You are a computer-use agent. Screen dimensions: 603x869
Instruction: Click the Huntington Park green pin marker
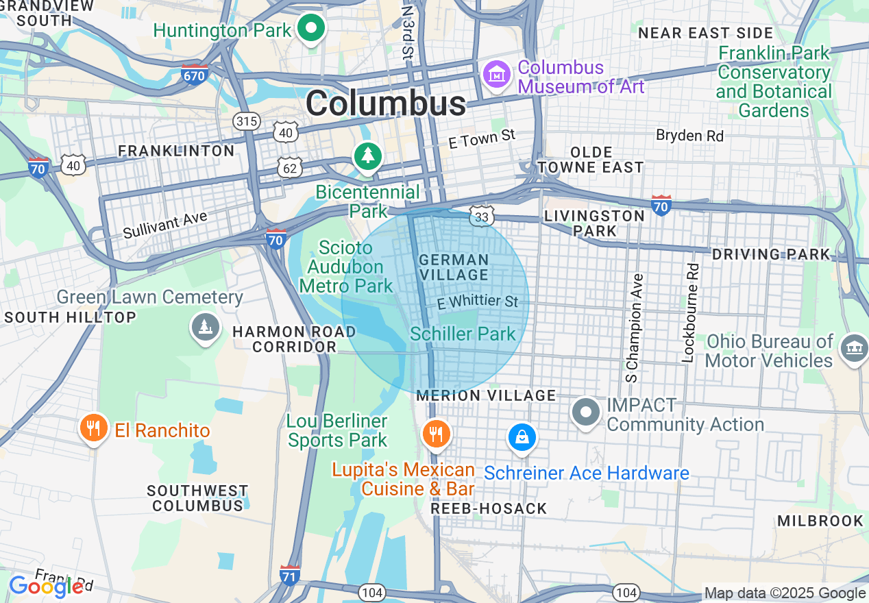[312, 29]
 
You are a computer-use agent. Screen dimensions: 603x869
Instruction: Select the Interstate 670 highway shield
[195, 75]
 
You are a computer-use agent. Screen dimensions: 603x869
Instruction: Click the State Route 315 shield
[246, 122]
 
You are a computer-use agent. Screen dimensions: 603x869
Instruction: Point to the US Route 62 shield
[290, 166]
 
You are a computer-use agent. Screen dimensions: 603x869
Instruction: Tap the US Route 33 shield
[482, 216]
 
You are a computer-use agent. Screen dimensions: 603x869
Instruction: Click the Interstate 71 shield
[290, 576]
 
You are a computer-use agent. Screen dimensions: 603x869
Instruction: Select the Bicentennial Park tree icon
[368, 156]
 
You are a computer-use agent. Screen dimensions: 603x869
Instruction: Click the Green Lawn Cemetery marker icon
[205, 328]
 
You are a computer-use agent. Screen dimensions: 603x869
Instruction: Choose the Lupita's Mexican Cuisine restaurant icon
[434, 432]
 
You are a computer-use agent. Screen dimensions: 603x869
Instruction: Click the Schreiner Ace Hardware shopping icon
[522, 436]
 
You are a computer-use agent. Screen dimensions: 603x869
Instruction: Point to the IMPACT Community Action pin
[586, 412]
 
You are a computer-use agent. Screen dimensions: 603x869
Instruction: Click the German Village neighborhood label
[454, 267]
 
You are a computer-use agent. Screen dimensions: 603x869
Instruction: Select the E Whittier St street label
[478, 301]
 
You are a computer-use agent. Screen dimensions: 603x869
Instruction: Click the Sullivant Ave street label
[165, 225]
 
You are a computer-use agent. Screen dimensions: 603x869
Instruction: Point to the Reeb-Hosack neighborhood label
[489, 508]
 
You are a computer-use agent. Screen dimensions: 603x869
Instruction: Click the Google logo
[46, 586]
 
